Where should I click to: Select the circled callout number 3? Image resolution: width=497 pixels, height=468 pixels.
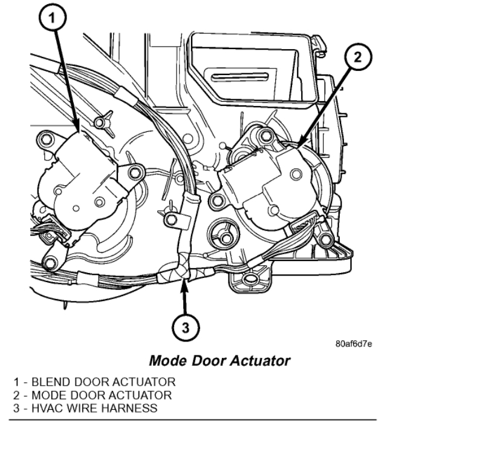coord(185,328)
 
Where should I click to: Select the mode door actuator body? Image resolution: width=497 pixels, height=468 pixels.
coord(266,182)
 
